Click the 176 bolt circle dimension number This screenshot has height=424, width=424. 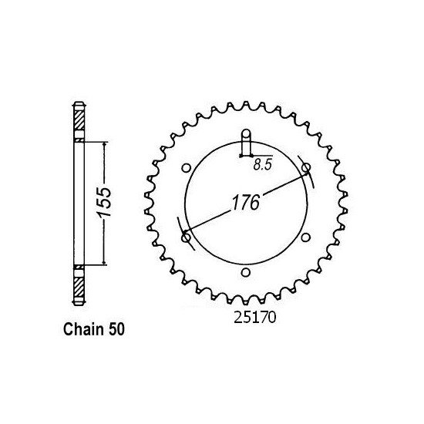tap(246, 202)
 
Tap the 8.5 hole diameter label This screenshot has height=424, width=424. tap(262, 165)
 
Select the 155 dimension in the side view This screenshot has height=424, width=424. tap(104, 202)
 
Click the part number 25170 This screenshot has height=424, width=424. tap(254, 318)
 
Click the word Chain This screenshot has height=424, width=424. tap(83, 329)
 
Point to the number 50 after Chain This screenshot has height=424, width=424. tap(116, 330)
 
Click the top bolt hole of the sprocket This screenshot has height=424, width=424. tap(246, 133)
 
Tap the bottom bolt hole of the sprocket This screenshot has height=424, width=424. tap(245, 272)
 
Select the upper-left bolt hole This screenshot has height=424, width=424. tap(186, 168)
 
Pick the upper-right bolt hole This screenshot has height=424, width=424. tap(306, 167)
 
